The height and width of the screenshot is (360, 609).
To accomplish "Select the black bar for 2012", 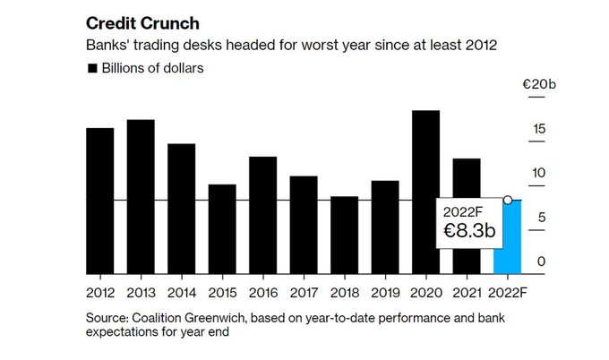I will (99, 201).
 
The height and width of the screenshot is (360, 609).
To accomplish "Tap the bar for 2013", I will (141, 196).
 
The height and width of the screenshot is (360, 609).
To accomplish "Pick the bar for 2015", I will (222, 229).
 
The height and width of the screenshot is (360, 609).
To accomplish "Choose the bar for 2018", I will (344, 235).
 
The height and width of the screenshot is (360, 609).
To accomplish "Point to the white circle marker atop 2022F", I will (508, 200).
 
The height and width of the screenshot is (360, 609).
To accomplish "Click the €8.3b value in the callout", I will (469, 231).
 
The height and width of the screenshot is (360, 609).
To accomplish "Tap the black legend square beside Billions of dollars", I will (91, 68).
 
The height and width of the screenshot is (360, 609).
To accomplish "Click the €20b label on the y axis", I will (540, 85).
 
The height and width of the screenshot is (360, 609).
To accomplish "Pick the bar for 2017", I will (304, 225).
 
